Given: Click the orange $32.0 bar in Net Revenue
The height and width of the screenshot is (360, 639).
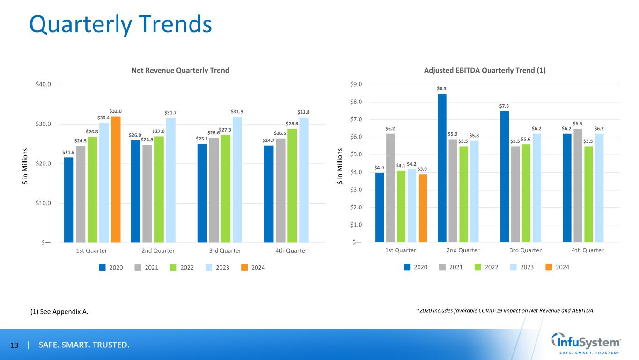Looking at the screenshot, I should click(x=116, y=179).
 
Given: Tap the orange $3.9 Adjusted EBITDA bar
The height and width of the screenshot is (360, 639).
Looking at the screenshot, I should click(x=423, y=208).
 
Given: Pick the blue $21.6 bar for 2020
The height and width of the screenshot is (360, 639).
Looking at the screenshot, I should click(x=69, y=199).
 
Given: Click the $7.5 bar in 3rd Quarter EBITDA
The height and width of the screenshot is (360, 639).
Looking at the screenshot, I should click(x=505, y=176).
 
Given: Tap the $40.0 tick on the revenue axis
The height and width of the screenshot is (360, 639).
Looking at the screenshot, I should click(x=43, y=84).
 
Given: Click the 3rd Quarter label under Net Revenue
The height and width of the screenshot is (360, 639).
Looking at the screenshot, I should click(x=225, y=250).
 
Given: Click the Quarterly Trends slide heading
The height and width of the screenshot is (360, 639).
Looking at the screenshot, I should click(x=120, y=24).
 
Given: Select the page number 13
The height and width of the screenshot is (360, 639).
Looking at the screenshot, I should click(x=14, y=345).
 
